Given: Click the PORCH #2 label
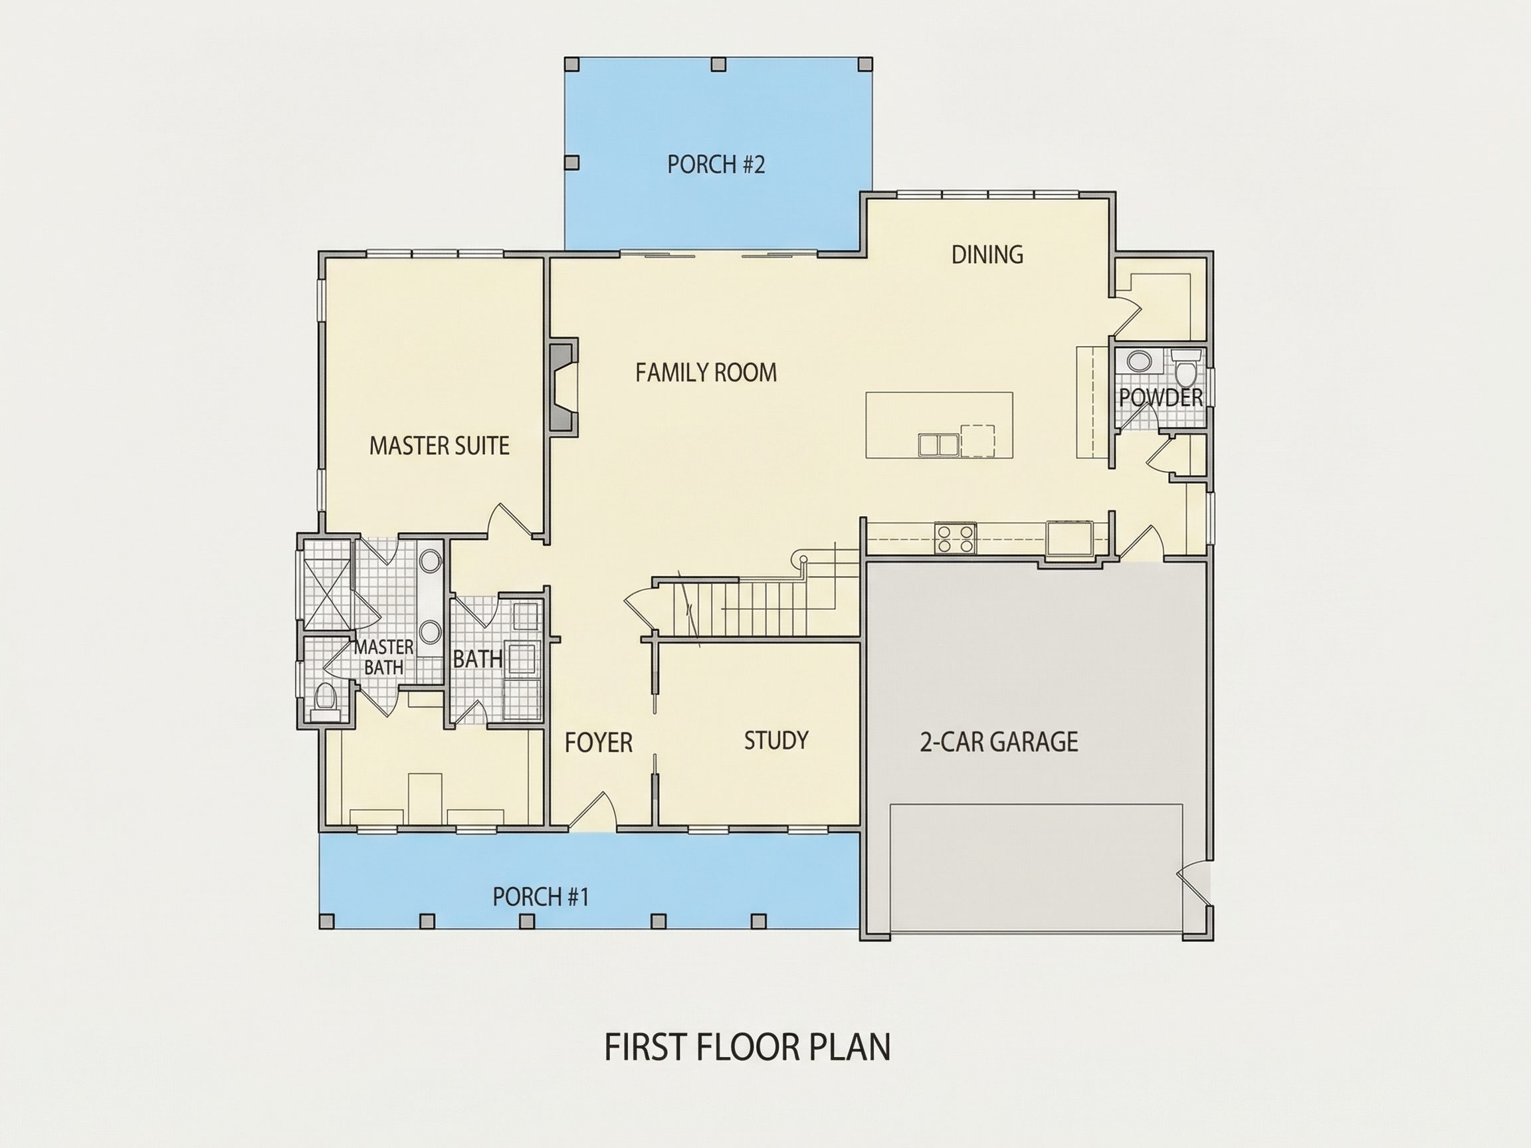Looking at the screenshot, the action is (716, 165).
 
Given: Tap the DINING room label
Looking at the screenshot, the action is (987, 254).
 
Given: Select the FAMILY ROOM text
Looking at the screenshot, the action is (706, 373).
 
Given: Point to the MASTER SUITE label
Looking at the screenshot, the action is (439, 446).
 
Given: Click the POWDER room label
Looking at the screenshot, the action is (1161, 398).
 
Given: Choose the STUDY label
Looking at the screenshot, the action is (776, 741).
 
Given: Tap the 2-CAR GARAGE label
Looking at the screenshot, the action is (998, 742).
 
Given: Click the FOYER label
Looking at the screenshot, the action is (598, 743).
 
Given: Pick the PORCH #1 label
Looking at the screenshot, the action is (540, 897).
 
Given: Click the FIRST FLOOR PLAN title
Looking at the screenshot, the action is (748, 1047).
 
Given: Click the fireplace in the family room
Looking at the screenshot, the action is (563, 387).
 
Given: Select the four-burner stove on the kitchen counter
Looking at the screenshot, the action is (955, 539).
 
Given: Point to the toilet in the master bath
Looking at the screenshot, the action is (325, 697).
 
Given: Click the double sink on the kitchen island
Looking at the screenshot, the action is (938, 444).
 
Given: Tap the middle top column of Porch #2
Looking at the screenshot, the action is (718, 64).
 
